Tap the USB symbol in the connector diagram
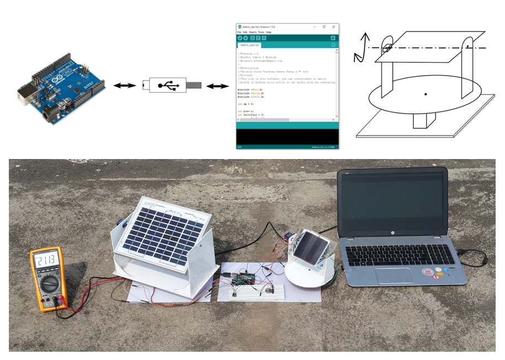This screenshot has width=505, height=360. [x=166, y=86]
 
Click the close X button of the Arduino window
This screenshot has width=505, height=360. [x=333, y=27]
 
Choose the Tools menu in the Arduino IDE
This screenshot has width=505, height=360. [x=261, y=32]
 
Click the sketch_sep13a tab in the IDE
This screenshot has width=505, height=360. [x=249, y=45]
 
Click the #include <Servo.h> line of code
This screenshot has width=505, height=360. [x=249, y=97]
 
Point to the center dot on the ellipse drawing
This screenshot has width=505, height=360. [x=426, y=94]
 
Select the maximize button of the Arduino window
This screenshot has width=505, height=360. [x=324, y=27]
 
